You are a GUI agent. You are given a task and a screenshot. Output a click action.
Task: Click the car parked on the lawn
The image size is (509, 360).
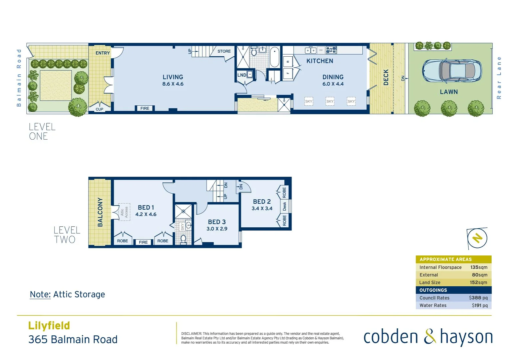(x=452, y=71)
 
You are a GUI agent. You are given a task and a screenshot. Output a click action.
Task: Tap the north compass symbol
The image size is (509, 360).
(x=477, y=238)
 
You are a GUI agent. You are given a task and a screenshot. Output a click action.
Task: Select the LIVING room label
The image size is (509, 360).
(x=173, y=77)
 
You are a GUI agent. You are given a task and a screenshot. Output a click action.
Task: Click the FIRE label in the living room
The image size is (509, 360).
(x=145, y=108)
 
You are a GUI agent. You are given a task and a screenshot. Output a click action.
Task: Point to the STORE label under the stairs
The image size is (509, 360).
(x=224, y=51)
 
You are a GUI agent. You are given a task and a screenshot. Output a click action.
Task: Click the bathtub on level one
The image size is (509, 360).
(x=274, y=57)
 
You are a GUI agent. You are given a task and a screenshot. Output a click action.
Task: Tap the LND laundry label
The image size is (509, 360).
(x=242, y=75)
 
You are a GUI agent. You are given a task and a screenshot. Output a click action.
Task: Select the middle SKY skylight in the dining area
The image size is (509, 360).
(x=330, y=101)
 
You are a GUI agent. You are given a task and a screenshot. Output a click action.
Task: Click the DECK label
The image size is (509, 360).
(x=386, y=77)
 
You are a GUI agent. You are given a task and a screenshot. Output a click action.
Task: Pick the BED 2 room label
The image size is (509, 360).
(x=262, y=202)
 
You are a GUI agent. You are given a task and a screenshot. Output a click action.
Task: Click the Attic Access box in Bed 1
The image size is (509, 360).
(x=124, y=212)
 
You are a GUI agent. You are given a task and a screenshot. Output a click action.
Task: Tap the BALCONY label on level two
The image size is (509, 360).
(x=100, y=212)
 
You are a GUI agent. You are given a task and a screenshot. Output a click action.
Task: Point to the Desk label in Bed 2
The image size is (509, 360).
(x=284, y=206)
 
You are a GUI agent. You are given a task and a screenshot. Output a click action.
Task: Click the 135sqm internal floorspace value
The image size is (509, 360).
(x=479, y=267)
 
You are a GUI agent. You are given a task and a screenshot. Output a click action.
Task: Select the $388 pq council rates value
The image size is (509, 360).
(x=478, y=298)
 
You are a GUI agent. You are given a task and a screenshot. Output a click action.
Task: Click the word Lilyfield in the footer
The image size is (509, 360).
(x=49, y=326)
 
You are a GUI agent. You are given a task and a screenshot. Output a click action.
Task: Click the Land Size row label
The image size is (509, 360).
(x=430, y=282)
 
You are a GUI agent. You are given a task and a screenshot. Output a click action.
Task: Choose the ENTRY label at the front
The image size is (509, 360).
(x=103, y=53)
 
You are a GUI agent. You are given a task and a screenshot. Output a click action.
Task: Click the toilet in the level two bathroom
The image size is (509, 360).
(x=183, y=239)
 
